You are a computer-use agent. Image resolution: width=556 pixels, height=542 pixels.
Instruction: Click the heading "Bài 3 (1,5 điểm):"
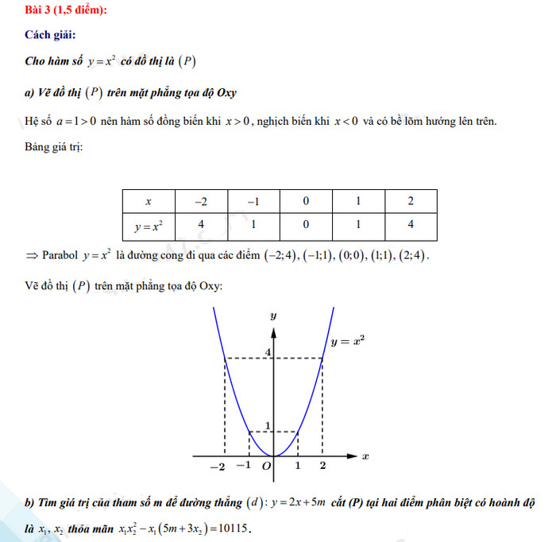pyautogui.click(x=66, y=10)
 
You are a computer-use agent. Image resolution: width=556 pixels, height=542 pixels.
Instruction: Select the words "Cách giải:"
pyautogui.click(x=51, y=35)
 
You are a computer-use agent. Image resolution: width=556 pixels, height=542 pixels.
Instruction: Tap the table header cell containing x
pyautogui.click(x=149, y=201)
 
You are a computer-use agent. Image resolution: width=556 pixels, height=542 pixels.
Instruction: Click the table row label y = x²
pyautogui.click(x=149, y=226)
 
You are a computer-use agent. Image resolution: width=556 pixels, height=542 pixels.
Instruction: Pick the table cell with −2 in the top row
pyautogui.click(x=201, y=201)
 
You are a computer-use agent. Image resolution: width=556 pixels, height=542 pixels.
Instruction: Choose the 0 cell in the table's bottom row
pyautogui.click(x=306, y=226)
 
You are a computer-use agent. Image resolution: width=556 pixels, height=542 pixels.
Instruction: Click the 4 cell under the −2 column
pyautogui.click(x=201, y=226)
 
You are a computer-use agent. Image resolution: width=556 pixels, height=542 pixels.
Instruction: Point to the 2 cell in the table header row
pyautogui.click(x=411, y=201)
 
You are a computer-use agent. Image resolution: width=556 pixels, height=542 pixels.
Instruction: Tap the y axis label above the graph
pyautogui.click(x=273, y=316)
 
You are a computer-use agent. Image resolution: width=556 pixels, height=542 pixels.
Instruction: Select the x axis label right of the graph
pyautogui.click(x=365, y=456)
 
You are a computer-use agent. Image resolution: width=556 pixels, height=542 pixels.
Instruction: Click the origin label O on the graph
pyautogui.click(x=266, y=466)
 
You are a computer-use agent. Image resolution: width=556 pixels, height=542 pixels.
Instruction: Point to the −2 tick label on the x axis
pyautogui.click(x=217, y=467)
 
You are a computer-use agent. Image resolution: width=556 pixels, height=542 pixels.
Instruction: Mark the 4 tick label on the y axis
pyautogui.click(x=268, y=352)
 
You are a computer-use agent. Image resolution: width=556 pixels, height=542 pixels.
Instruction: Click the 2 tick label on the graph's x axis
pyautogui.click(x=322, y=466)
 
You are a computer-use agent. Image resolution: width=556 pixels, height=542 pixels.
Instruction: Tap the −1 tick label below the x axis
pyautogui.click(x=244, y=466)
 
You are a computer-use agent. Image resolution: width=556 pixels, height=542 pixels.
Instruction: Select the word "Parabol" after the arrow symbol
pyautogui.click(x=60, y=255)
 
